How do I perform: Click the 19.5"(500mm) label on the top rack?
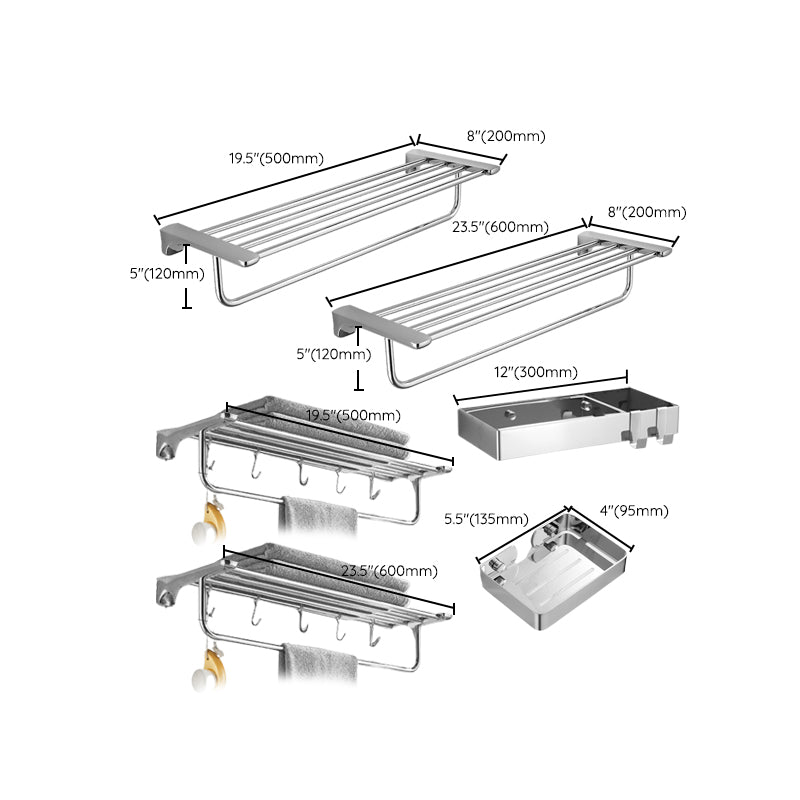point(275,158)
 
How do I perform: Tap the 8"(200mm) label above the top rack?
point(504,137)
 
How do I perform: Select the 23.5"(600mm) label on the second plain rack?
point(500,227)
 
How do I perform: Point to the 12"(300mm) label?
point(537,373)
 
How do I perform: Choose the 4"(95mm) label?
point(635,511)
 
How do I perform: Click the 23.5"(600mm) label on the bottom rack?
point(389,571)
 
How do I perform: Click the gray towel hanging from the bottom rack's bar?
point(318,662)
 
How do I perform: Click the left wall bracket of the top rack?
point(208,245)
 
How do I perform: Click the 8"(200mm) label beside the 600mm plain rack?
point(647,212)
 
